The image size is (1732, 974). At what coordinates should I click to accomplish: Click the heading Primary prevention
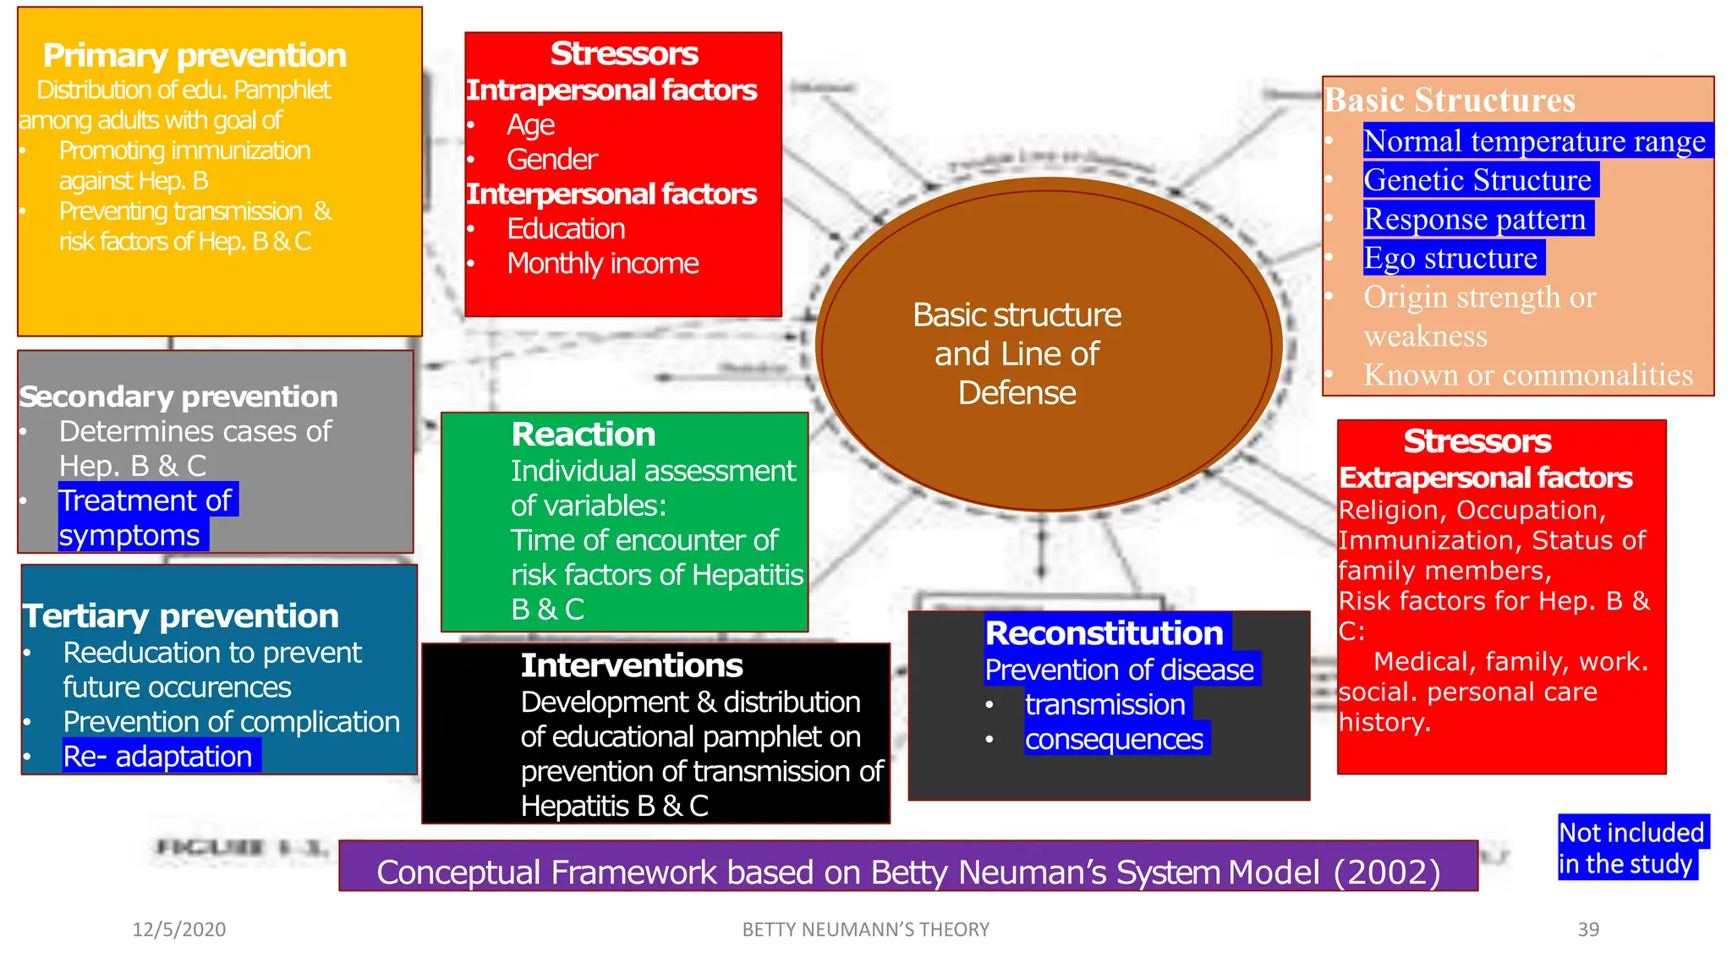(195, 56)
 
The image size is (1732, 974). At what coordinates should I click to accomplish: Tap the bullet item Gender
(551, 160)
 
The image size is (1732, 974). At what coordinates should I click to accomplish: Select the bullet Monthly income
(602, 264)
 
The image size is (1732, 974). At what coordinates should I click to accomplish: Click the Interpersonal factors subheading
(611, 194)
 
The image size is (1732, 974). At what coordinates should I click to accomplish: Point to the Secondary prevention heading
(178, 397)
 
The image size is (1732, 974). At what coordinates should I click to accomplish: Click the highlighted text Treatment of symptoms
(145, 517)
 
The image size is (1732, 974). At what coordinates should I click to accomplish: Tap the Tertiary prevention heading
(180, 616)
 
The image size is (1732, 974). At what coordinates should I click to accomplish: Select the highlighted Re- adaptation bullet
(158, 756)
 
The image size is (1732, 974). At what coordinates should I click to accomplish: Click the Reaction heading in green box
(584, 435)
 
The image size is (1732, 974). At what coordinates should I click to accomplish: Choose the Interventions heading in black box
(632, 665)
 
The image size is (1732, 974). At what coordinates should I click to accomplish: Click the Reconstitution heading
(1104, 633)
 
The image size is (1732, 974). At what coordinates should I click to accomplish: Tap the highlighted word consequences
(1114, 740)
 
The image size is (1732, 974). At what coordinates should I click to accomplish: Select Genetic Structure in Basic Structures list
(1477, 180)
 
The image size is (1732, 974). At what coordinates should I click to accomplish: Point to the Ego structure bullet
(1450, 258)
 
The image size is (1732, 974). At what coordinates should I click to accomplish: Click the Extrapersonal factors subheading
(1485, 478)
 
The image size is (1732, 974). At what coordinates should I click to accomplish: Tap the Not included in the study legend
(1631, 848)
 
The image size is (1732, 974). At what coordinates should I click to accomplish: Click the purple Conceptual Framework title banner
(907, 871)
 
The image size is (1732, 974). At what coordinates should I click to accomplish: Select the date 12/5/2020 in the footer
(179, 929)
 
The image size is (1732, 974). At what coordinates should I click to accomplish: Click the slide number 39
(1588, 929)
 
